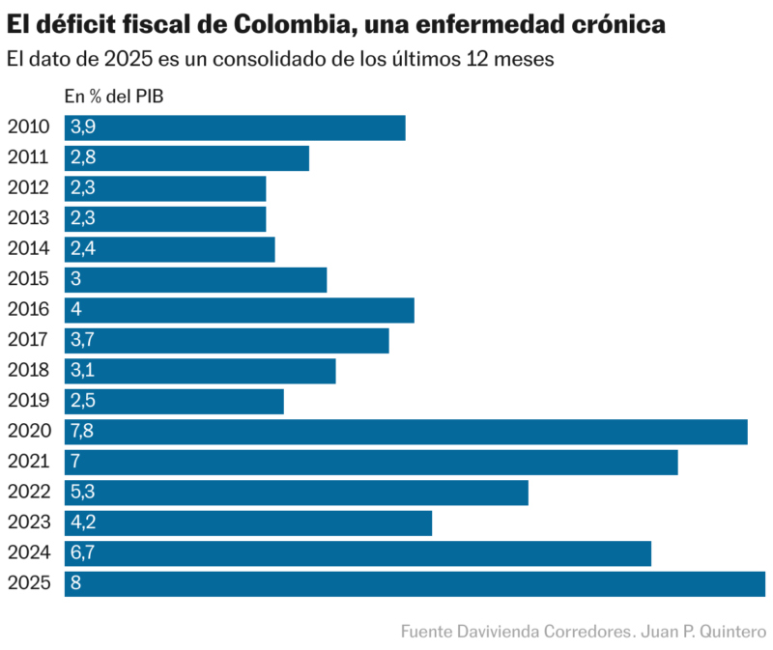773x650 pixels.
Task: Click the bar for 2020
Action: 406,432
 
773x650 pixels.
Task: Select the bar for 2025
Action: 415,583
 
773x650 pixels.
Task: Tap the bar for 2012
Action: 165,188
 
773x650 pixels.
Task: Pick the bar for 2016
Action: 239,310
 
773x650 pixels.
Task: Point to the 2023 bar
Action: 248,523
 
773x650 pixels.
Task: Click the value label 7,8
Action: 82,432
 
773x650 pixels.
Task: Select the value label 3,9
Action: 82,128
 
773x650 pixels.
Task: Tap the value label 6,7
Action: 82,553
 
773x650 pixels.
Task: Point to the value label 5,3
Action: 82,493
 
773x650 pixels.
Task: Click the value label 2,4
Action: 82,249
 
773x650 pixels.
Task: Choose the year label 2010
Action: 28,128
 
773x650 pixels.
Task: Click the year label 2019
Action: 28,401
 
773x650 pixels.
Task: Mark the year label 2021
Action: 28,462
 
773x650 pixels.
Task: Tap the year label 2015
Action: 28,280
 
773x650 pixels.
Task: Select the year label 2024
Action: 28,553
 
